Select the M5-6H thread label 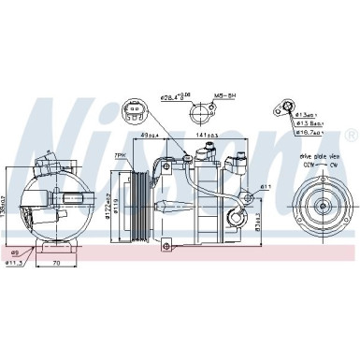click(x=224, y=94)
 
